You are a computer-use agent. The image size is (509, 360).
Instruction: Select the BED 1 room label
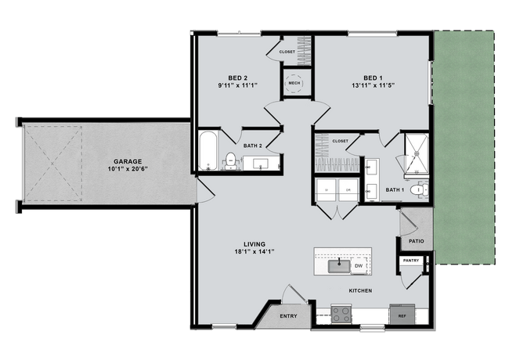[x=372, y=77]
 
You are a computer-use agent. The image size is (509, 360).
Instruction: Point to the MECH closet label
[x=294, y=82]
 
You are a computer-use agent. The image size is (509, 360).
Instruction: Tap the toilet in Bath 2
[x=231, y=160]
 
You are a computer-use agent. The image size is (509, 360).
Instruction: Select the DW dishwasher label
[x=358, y=267]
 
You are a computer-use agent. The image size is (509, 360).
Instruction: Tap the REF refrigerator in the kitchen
[x=402, y=315]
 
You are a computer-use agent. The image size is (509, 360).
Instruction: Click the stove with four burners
[x=342, y=315]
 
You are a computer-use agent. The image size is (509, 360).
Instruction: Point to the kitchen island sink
[x=340, y=265]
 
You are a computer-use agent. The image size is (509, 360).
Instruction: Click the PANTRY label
[x=411, y=261]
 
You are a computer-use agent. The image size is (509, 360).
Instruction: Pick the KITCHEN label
[x=360, y=290]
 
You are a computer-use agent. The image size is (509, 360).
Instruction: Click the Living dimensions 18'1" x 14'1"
[x=250, y=251]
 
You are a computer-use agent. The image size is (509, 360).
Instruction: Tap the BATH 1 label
[x=395, y=189]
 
